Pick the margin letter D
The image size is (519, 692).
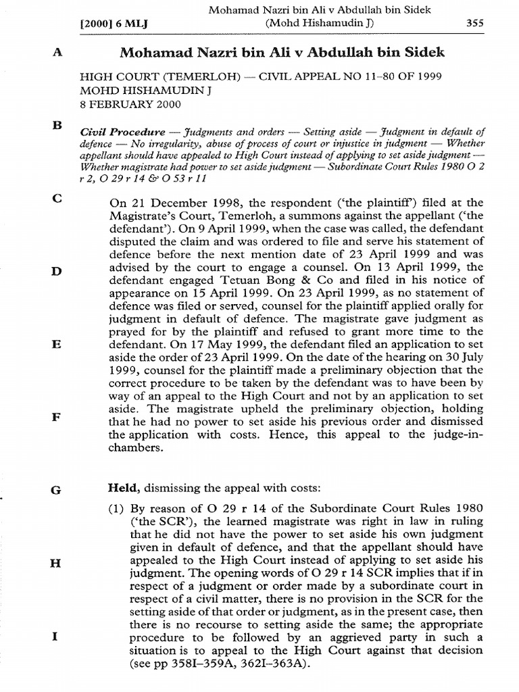(x=57, y=271)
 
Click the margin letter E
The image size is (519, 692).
(x=57, y=344)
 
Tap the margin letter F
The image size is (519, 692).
(x=57, y=417)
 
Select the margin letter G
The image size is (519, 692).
(x=57, y=490)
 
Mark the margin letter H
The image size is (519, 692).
(x=57, y=563)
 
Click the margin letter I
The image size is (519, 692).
(x=57, y=636)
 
